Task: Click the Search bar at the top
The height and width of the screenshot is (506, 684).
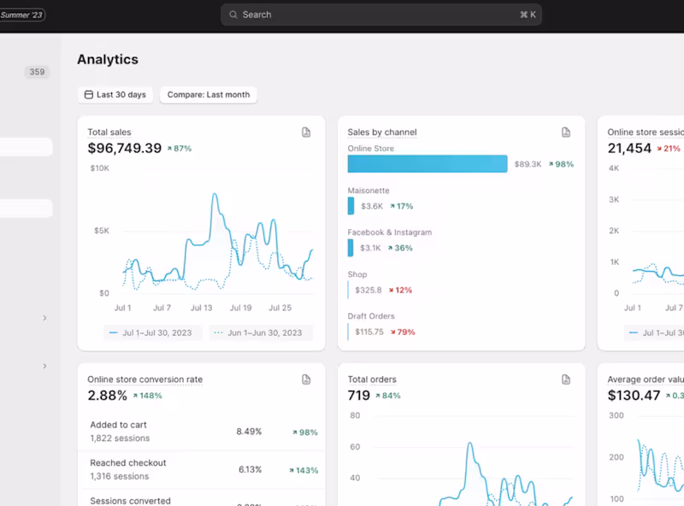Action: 380,15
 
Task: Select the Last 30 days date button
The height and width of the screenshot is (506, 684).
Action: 115,95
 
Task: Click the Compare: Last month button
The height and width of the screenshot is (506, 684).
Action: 209,95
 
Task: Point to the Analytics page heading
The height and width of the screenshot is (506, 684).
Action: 108,60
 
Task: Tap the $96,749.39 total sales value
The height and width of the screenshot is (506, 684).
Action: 125,148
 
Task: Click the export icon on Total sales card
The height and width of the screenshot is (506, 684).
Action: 306,132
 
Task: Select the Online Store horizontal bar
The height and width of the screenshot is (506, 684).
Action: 427,164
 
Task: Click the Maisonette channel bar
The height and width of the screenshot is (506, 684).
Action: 351,206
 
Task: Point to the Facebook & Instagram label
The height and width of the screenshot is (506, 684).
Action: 389,232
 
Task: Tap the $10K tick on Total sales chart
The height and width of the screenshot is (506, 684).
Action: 99,168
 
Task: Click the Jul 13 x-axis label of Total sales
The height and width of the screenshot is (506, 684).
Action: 201,308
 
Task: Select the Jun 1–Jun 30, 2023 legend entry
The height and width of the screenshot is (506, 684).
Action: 261,332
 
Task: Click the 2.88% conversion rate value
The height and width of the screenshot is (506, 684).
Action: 108,396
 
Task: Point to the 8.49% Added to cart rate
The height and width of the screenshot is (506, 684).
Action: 249,432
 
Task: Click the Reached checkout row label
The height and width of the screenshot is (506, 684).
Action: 128,463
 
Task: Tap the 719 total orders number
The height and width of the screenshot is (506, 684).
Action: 359,396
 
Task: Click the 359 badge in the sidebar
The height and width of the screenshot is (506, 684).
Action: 37,73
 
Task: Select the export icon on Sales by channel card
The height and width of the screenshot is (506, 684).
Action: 566,132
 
